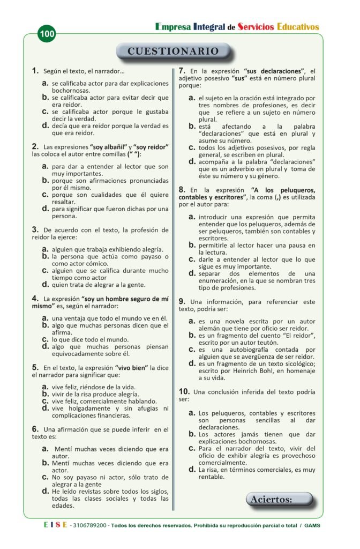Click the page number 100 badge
click(47, 34)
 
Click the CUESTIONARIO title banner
click(174, 51)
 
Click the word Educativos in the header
click(298, 26)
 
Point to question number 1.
click(35, 70)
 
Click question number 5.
click(35, 367)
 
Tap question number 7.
click(182, 70)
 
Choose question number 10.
click(183, 391)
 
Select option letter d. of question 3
click(46, 284)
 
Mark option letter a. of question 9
click(192, 321)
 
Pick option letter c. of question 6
click(46, 477)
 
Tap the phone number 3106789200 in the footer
click(90, 525)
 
